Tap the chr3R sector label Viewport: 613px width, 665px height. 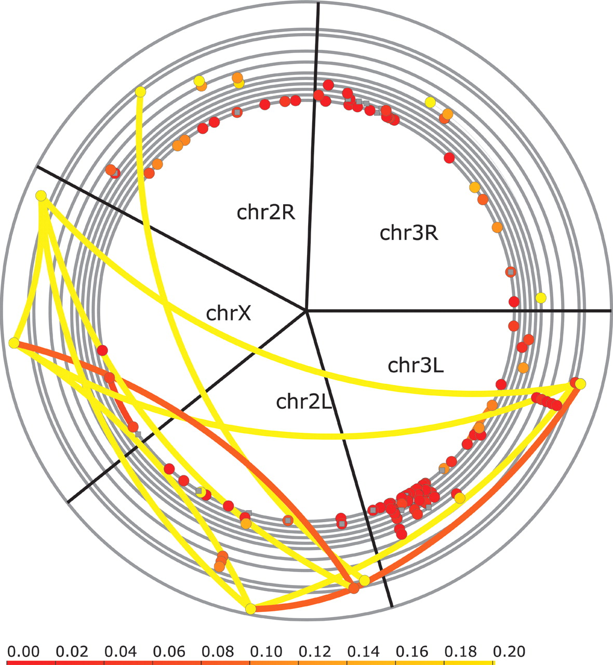409,232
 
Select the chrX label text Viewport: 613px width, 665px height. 229,313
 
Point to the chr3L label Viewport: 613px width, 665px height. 416,365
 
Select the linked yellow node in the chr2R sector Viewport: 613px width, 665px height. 140,91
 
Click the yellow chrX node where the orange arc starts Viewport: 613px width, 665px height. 14,343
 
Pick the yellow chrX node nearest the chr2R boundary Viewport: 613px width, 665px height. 41,195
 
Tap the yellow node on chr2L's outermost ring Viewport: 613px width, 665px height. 250,609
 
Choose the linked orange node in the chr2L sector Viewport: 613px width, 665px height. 354,588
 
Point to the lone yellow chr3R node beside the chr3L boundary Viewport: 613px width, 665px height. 541,297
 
